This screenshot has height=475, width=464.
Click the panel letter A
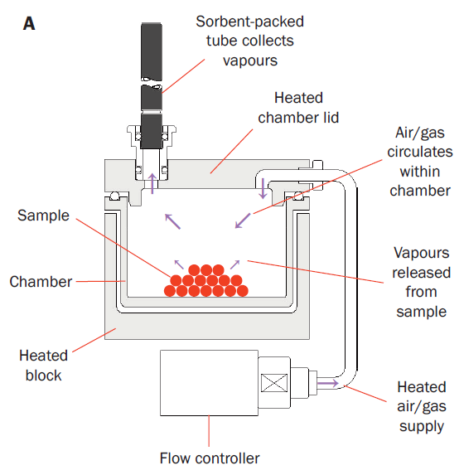[29, 24]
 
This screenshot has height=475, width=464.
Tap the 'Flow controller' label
[210, 458]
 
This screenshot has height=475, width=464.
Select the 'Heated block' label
[43, 366]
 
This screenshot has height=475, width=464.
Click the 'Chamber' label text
[41, 282]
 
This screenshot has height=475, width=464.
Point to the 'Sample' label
[43, 216]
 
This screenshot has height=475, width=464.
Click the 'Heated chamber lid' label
[298, 108]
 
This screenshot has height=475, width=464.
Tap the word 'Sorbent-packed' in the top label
[250, 22]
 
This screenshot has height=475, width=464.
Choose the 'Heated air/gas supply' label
[422, 406]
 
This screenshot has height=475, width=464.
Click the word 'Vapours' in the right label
[421, 253]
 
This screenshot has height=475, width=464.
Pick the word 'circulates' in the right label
[420, 152]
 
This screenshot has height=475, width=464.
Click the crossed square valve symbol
[274, 383]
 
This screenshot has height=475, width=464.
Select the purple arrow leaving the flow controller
[328, 384]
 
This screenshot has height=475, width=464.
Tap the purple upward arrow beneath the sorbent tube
[152, 183]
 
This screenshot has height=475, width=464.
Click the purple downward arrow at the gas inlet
[263, 188]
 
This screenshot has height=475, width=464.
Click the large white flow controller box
[210, 383]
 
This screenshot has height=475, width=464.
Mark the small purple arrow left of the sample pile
[179, 264]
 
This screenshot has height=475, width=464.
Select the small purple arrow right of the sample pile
[235, 264]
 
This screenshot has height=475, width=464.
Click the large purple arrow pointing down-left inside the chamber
[243, 221]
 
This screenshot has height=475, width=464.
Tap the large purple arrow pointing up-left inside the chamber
[172, 221]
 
